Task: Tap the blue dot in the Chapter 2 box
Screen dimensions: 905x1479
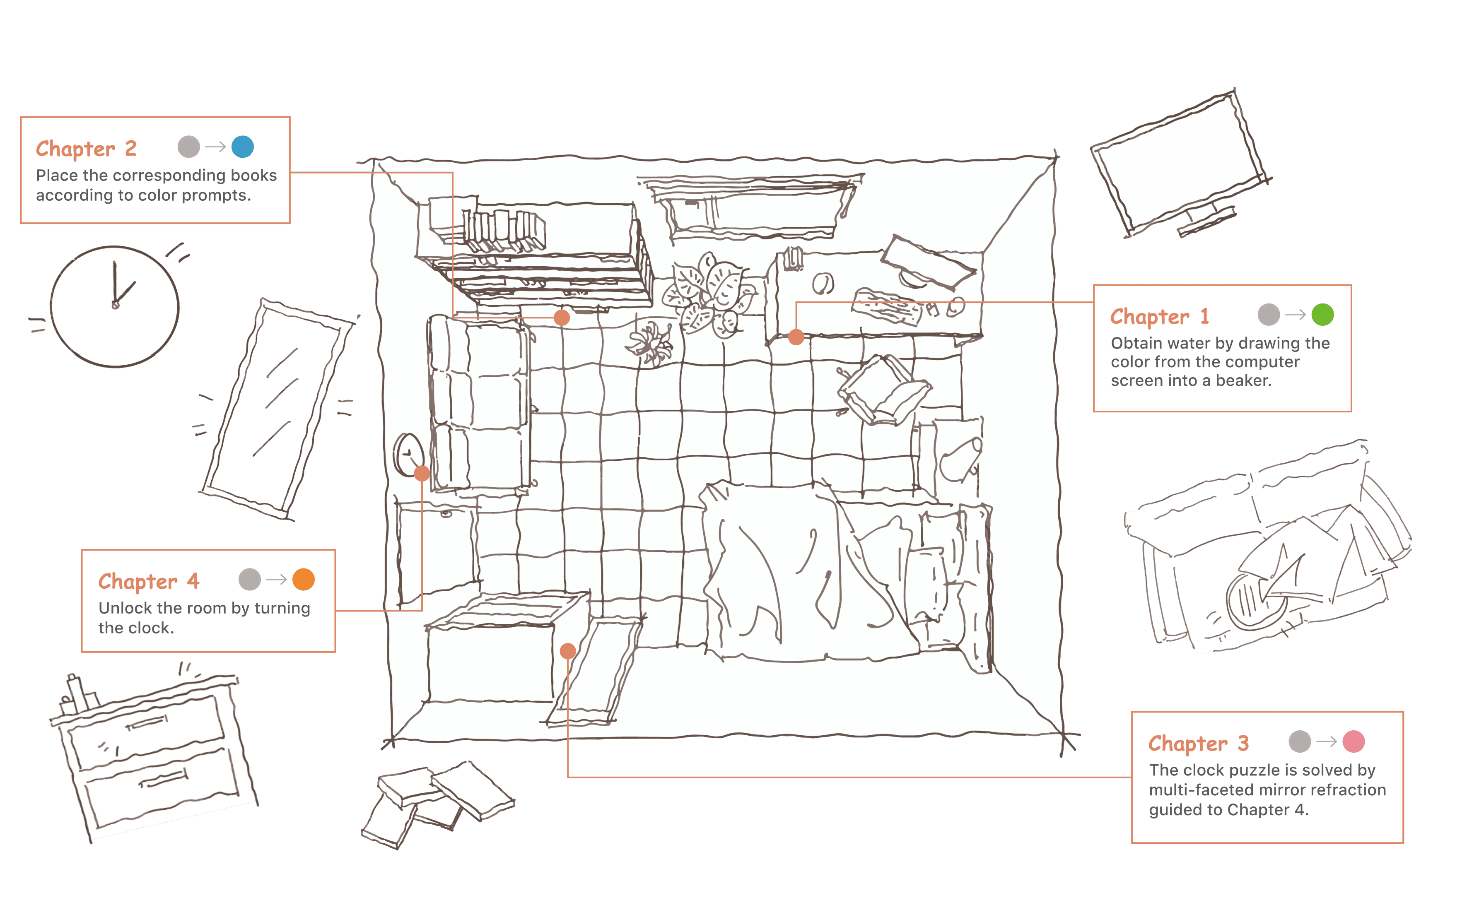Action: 243,147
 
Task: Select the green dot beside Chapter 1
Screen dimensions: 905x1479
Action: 1322,315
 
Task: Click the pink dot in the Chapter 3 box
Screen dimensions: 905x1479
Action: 1354,742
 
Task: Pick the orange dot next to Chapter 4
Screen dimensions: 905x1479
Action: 304,580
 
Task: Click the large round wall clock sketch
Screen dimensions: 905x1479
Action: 115,306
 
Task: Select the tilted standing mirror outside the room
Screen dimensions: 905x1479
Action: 276,408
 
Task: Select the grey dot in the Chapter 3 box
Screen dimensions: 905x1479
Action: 1300,742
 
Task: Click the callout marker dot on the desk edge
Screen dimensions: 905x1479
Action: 796,337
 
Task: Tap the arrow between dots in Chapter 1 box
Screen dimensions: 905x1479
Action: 1296,315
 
